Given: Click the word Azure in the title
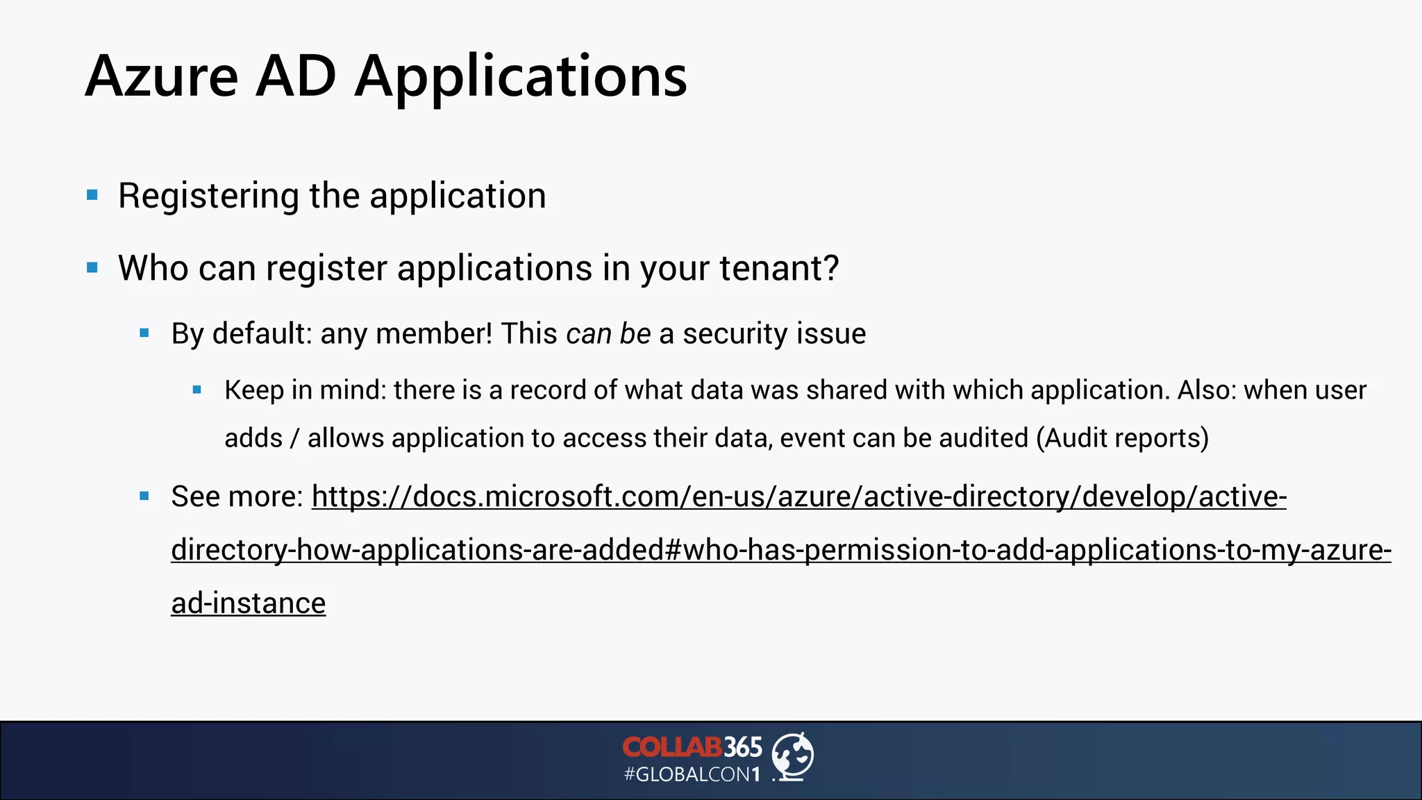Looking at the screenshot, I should (x=162, y=76).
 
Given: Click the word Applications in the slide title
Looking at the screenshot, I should (x=521, y=78).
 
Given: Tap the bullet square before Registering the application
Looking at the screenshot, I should (x=92, y=195).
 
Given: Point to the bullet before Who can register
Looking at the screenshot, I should (x=92, y=267).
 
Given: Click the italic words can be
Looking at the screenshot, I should (x=608, y=334).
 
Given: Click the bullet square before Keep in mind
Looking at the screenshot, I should (x=197, y=390).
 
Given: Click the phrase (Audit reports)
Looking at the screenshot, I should (x=1122, y=438).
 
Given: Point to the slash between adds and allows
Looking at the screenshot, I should (x=295, y=439).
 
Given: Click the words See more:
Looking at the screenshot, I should (x=237, y=497).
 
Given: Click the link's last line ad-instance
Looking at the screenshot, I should (x=248, y=603).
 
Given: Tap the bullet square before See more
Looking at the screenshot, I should (x=144, y=497).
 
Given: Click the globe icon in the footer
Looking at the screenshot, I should (x=793, y=756).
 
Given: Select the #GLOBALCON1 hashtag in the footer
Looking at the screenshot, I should (x=692, y=774).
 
